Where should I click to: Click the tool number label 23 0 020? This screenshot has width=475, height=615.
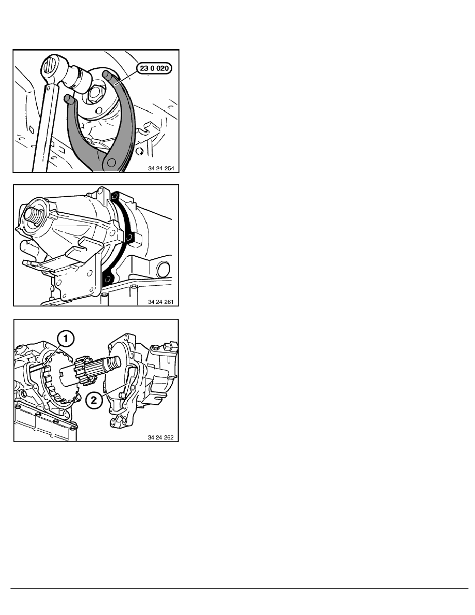(154, 68)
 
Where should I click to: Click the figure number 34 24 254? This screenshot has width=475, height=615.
(161, 168)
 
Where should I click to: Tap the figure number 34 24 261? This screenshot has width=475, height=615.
(161, 302)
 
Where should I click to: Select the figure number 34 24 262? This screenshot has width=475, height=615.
(161, 437)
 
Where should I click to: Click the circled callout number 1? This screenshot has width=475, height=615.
(65, 338)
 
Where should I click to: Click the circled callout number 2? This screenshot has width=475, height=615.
(94, 400)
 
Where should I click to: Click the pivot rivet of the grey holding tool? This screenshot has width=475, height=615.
(112, 162)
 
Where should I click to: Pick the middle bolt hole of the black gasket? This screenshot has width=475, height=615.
(128, 237)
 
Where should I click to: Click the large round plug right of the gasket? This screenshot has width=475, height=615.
(164, 270)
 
